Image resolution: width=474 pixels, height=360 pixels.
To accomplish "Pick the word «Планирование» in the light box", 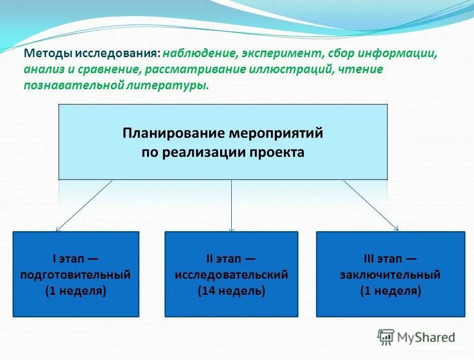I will pyautogui.click(x=174, y=134).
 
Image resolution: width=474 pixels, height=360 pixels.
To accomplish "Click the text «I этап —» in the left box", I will pyautogui.click(x=76, y=259).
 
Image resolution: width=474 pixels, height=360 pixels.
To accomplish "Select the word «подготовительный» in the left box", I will pyautogui.click(x=76, y=275).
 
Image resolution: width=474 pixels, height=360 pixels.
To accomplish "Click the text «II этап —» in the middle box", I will pyautogui.click(x=231, y=259).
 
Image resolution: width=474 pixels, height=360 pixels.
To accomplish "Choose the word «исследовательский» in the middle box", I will pyautogui.click(x=231, y=275).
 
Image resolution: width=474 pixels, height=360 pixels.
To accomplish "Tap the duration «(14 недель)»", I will pyautogui.click(x=231, y=291).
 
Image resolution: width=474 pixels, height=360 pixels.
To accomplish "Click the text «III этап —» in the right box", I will pyautogui.click(x=390, y=259).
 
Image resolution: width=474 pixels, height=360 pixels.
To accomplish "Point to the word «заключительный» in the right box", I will pyautogui.click(x=390, y=275).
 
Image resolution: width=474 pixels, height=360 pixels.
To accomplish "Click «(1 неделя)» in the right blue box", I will pyautogui.click(x=390, y=291).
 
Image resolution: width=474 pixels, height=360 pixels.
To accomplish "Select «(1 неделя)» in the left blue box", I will pyautogui.click(x=76, y=291).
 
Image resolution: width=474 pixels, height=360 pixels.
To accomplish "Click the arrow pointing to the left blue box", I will pyautogui.click(x=84, y=206).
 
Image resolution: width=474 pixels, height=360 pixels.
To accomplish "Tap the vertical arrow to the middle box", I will pyautogui.click(x=231, y=206).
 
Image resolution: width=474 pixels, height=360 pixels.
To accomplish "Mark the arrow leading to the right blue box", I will pyautogui.click(x=371, y=206).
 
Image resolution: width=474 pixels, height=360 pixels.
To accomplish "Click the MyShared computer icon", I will pyautogui.click(x=386, y=337).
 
